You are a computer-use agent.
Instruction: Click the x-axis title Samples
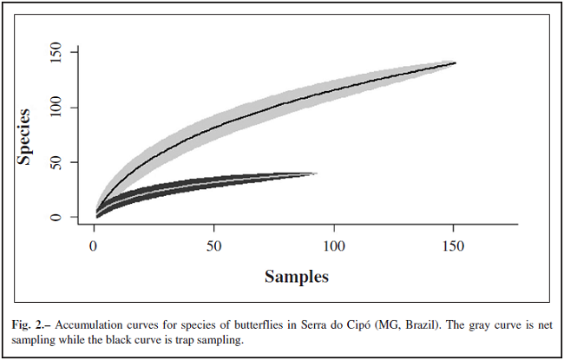[x=296, y=277]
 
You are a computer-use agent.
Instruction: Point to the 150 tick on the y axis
[x=57, y=53]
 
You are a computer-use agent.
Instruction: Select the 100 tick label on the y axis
[x=57, y=108]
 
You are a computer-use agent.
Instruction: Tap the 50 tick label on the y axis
[x=57, y=162]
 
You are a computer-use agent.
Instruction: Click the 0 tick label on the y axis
[x=57, y=217]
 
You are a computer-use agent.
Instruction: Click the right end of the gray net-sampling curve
[x=454, y=62]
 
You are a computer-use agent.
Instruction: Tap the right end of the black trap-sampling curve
[x=315, y=173]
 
